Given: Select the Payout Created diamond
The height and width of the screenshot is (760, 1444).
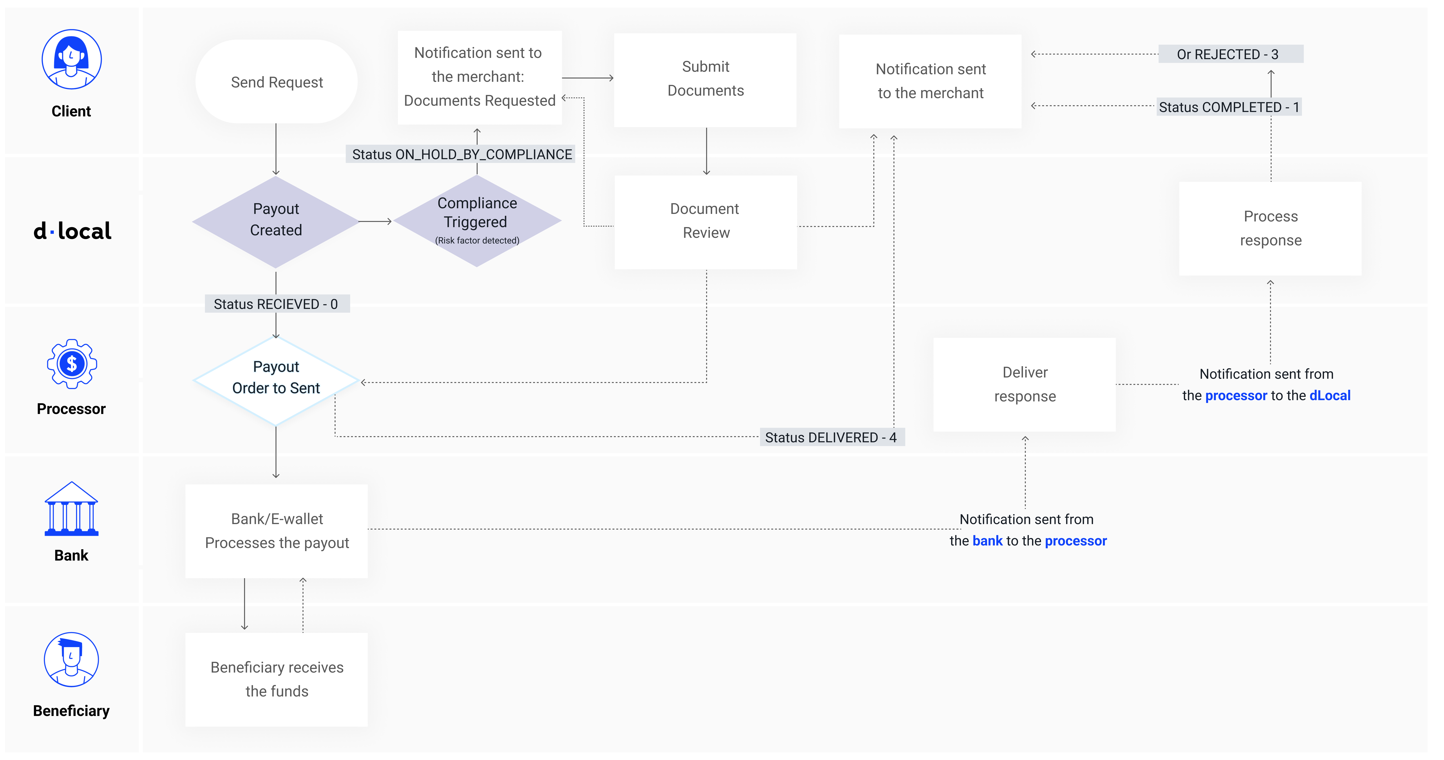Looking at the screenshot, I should (276, 220).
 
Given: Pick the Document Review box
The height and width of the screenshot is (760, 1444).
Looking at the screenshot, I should (705, 222).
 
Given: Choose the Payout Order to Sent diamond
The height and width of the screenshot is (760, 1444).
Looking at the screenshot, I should (276, 379).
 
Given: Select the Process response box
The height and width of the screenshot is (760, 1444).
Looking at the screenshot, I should (1270, 228).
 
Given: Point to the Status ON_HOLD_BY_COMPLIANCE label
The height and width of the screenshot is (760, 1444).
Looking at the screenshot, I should (462, 154).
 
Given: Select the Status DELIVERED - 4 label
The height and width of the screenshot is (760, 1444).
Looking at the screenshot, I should (831, 438).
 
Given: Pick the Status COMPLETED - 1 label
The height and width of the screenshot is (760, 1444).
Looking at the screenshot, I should (1229, 107).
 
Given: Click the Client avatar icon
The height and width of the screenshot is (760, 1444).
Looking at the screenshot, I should (71, 59).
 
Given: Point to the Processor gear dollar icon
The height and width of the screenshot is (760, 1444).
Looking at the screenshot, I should (71, 364).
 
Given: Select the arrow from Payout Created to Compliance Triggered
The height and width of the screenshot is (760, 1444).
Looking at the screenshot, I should (375, 222).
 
